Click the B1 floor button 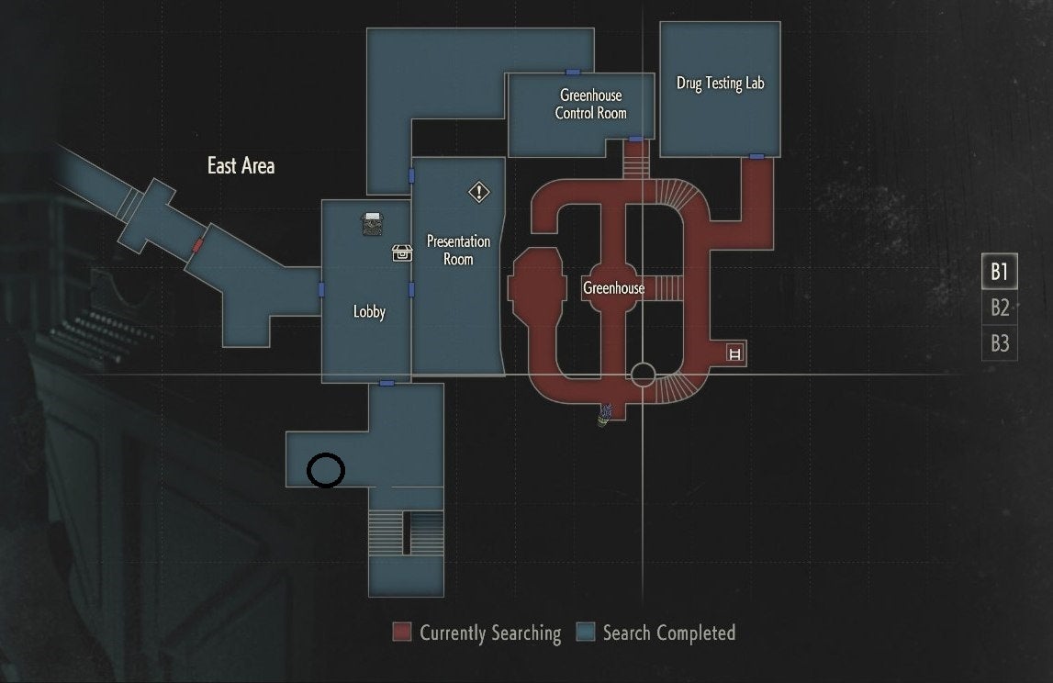click(999, 273)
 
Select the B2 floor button click(999, 308)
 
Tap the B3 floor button click(999, 343)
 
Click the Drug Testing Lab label click(720, 84)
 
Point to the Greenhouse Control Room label click(590, 104)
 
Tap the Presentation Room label click(458, 250)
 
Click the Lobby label click(369, 312)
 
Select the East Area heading click(241, 166)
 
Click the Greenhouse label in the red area click(613, 288)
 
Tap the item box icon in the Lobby click(401, 252)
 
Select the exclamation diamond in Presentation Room click(479, 192)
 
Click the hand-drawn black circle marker click(326, 470)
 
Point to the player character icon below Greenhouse click(606, 416)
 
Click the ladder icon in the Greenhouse click(734, 353)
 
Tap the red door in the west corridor click(197, 245)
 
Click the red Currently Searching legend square click(402, 633)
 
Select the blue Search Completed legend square click(585, 633)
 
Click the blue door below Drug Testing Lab click(756, 156)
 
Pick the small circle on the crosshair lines click(643, 375)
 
